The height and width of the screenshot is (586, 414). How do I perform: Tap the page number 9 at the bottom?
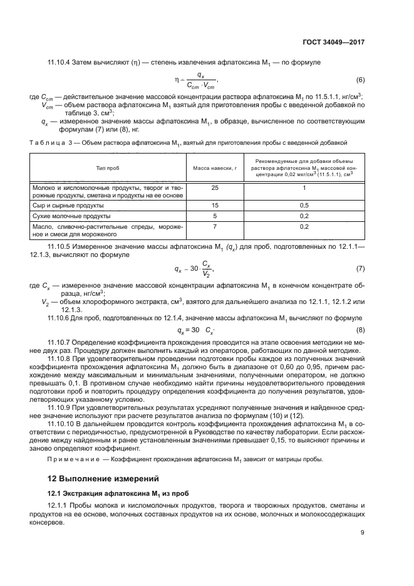coord(362,533)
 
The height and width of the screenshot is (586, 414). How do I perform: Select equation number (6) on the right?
coord(360,80)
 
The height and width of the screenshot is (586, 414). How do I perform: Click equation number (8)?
coord(360,330)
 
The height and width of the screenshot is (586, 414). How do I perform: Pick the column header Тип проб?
coord(107,169)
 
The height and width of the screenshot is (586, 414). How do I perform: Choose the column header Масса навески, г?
coord(214,169)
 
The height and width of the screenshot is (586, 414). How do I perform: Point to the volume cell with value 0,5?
coord(304,205)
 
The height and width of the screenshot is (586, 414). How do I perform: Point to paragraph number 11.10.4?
coord(61,63)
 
